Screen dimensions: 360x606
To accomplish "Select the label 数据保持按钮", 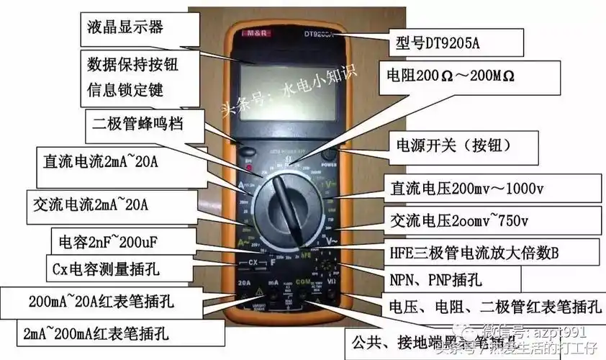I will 132,63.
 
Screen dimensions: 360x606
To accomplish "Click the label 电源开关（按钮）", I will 453,144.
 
